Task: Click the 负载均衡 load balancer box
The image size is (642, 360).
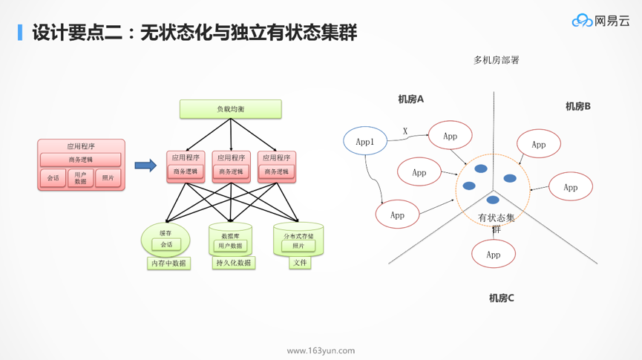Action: click(x=231, y=109)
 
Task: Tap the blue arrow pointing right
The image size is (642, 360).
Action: click(x=145, y=166)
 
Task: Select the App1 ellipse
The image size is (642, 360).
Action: click(x=365, y=141)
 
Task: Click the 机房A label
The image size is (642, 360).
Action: click(x=410, y=99)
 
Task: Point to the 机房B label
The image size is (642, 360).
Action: click(x=577, y=106)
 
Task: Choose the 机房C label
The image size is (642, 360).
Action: click(x=501, y=298)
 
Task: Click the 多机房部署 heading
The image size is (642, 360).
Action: click(x=497, y=59)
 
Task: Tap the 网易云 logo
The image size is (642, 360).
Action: click(x=600, y=21)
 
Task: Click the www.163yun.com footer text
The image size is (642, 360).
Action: click(x=321, y=350)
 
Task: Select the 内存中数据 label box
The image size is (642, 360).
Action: click(x=168, y=263)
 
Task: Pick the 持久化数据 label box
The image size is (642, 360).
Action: click(x=233, y=263)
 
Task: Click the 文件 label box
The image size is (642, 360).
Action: click(x=300, y=262)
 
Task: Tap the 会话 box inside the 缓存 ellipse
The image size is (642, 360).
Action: click(x=166, y=244)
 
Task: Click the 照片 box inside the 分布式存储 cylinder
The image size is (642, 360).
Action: click(x=298, y=246)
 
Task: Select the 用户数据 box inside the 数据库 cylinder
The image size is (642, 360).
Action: click(x=230, y=246)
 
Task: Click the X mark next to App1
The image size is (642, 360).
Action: click(x=405, y=131)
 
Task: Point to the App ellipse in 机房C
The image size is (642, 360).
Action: click(x=493, y=255)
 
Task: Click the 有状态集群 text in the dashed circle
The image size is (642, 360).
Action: click(x=496, y=222)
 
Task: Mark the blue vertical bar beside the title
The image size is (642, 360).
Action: click(x=20, y=33)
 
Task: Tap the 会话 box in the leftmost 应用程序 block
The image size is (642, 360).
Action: click(x=53, y=178)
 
